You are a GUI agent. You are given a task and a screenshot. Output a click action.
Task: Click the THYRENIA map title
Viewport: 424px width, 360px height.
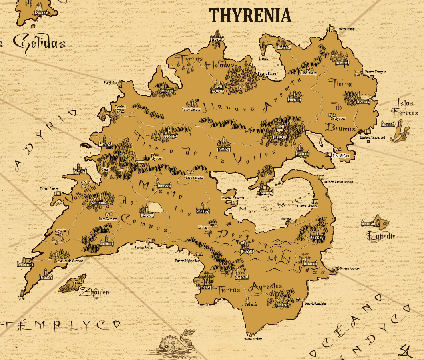click(x=251, y=16)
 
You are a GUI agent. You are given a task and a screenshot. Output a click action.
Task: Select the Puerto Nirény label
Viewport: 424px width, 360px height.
click(x=252, y=339)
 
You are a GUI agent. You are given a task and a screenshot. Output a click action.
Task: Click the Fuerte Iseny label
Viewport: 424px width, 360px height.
click(x=346, y=29)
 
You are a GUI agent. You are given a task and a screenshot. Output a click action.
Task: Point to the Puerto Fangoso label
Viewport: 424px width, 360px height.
click(x=375, y=72)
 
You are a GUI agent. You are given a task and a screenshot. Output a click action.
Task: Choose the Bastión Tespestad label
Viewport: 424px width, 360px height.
click(x=372, y=137)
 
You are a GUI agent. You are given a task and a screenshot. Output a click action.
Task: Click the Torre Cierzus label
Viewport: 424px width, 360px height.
click(x=191, y=109)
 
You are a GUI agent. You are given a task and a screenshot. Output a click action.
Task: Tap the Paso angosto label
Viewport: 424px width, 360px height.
click(x=195, y=177)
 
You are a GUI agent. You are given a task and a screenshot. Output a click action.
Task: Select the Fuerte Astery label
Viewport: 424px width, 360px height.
click(x=49, y=189)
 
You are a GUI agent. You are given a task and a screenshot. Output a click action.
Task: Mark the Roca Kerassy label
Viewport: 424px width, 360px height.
click(x=108, y=219)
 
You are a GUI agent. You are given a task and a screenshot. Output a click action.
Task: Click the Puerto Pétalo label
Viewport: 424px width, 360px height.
click(x=144, y=248)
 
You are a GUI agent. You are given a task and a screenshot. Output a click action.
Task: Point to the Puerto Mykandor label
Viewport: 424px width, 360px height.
click(x=187, y=261)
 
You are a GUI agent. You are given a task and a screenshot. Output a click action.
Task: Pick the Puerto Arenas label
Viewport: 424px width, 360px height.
click(x=349, y=269)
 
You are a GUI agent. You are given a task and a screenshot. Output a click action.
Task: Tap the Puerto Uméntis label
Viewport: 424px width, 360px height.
click(x=316, y=304)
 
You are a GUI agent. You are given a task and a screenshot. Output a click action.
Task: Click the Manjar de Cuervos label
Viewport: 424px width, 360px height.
click(x=70, y=261)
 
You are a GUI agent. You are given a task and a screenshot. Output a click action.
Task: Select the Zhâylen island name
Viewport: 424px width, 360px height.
click(x=94, y=292)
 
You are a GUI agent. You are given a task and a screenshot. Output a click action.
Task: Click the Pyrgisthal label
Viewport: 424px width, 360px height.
click(x=111, y=83)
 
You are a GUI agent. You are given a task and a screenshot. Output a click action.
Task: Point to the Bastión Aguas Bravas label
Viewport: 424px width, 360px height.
click(x=338, y=182)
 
